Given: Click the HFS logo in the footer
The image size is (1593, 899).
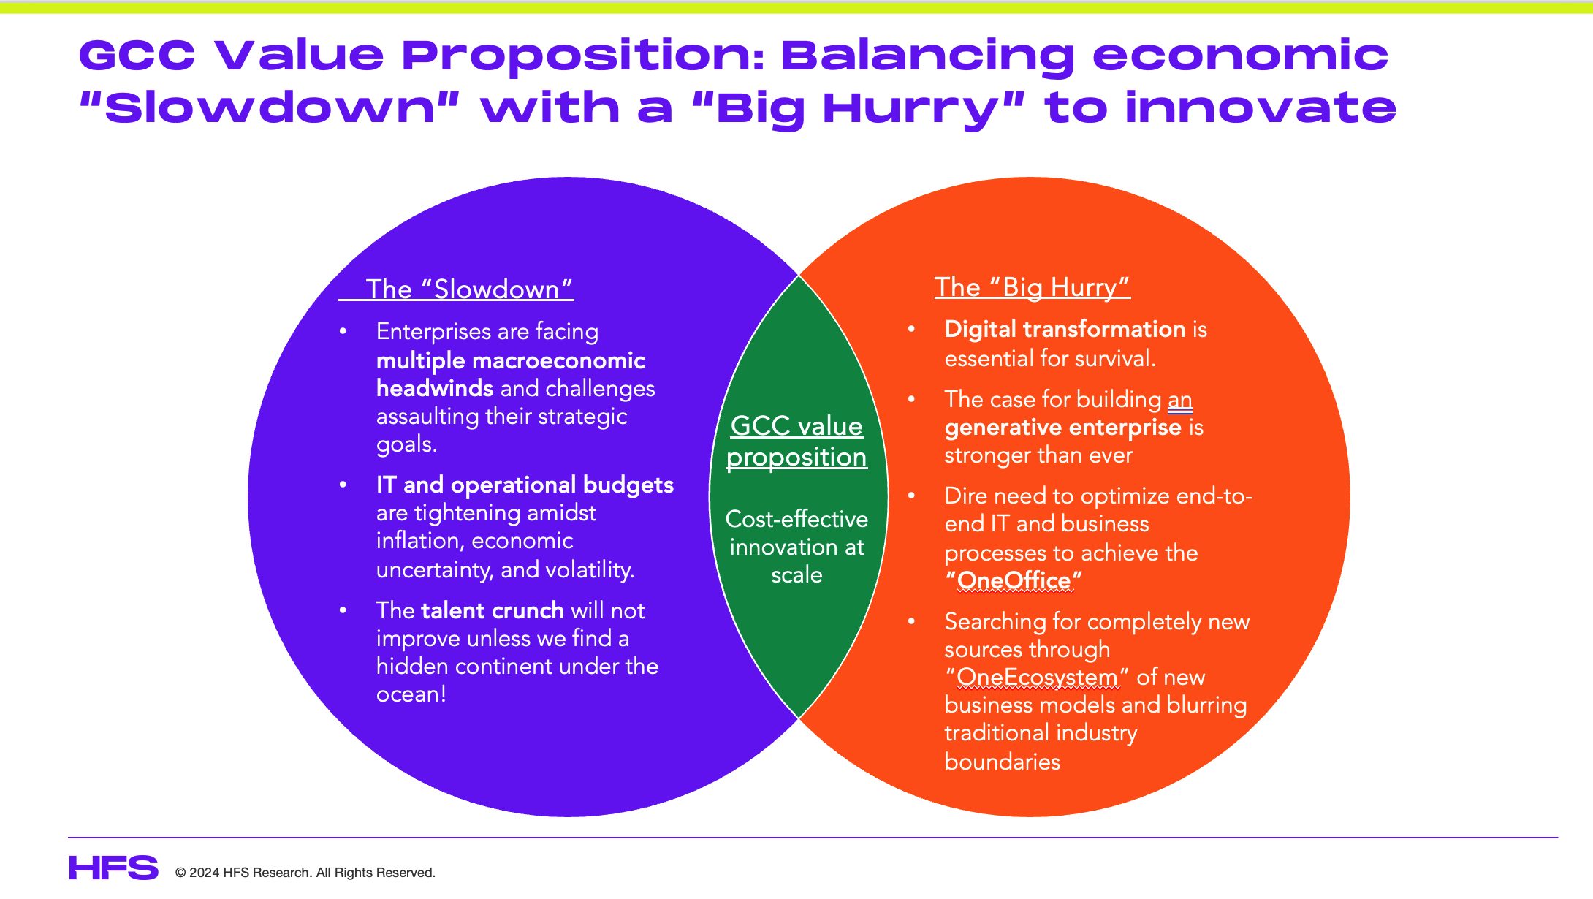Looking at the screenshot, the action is [113, 868].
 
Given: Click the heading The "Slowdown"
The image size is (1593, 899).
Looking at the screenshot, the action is [468, 289].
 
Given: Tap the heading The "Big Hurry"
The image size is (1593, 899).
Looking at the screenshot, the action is [1033, 287].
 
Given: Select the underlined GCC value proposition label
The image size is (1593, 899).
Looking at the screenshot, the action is [796, 441].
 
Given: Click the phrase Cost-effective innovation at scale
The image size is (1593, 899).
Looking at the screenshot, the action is [796, 547].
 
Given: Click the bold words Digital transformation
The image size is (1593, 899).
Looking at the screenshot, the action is [1065, 329].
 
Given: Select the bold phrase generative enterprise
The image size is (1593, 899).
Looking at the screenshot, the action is [1062, 427].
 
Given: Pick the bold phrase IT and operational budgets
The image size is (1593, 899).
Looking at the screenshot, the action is [525, 485].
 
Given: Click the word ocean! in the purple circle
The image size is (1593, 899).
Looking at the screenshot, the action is [411, 694].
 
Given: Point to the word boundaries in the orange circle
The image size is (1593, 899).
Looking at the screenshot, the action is [1002, 762].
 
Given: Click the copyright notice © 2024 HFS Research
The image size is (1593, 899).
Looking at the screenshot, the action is [305, 873].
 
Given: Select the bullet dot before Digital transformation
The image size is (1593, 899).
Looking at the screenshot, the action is [911, 330].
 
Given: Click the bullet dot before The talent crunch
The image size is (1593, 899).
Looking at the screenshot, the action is [343, 610].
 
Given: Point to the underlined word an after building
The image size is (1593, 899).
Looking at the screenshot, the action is [1179, 401].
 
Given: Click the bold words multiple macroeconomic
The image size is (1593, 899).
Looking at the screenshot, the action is [511, 360].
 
